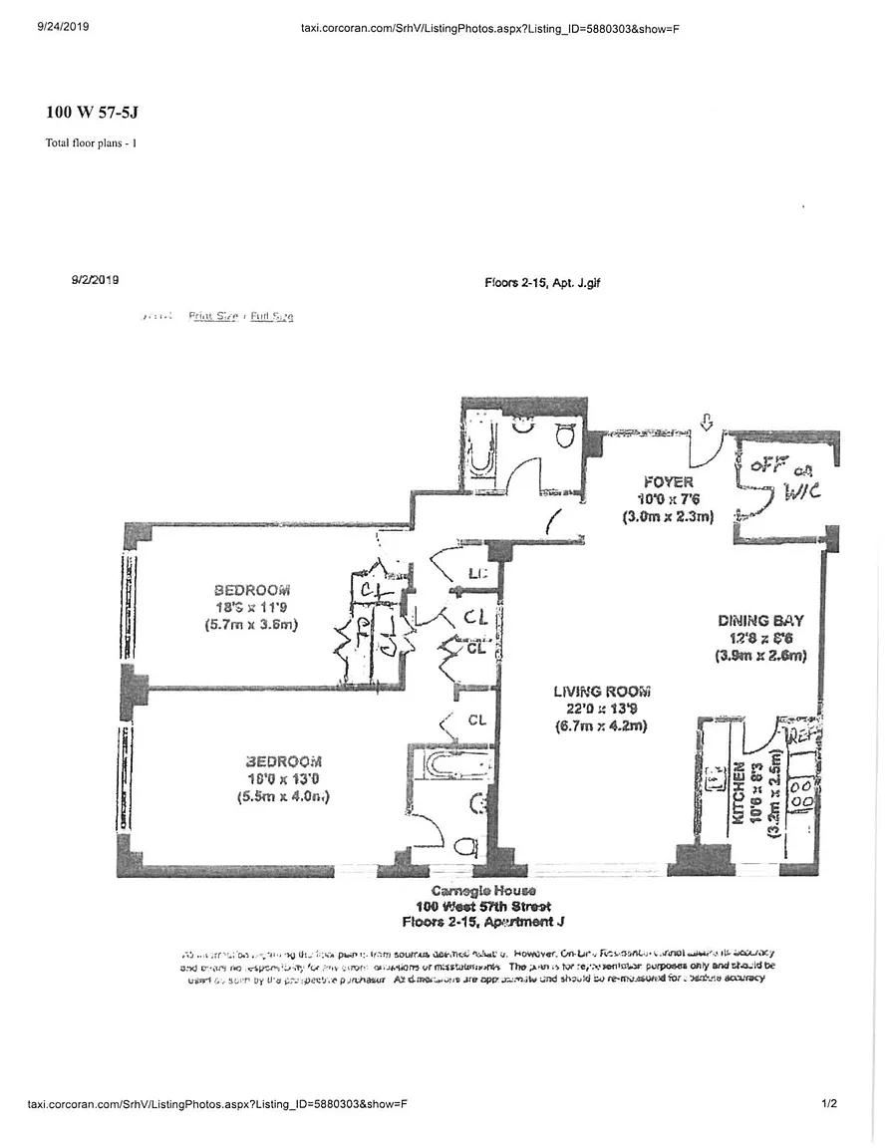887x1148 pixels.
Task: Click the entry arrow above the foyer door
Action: click(707, 423)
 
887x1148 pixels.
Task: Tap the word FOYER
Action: click(669, 482)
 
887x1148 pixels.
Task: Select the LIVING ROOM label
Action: click(602, 692)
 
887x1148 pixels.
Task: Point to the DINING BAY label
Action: click(760, 621)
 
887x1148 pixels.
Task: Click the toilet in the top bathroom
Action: click(565, 433)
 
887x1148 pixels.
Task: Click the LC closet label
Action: click(476, 574)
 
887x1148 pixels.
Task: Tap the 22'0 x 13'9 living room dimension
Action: click(602, 709)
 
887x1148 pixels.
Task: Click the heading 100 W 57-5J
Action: click(92, 112)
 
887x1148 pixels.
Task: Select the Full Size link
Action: click(272, 317)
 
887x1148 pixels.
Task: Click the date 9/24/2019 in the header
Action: click(63, 27)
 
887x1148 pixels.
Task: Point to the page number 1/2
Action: click(829, 1104)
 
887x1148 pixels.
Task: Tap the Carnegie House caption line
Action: click(483, 891)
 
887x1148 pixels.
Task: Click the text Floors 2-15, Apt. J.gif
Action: click(542, 283)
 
